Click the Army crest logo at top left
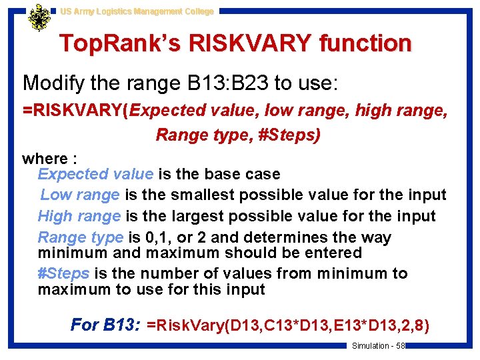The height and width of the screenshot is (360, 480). pos(39,18)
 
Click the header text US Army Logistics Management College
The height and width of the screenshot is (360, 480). pos(137,11)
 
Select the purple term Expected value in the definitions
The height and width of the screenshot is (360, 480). pos(95,174)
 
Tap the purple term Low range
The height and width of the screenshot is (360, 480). pos(80,195)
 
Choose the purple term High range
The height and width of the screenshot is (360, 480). pos(79,216)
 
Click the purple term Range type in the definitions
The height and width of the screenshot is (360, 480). pos(80,237)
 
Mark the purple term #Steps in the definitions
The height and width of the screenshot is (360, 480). pos(64,273)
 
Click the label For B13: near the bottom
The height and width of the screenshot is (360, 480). pos(105,325)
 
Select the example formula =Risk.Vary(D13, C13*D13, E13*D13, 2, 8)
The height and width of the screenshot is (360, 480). pos(288,325)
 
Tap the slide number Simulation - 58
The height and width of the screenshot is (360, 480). pos(378,345)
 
